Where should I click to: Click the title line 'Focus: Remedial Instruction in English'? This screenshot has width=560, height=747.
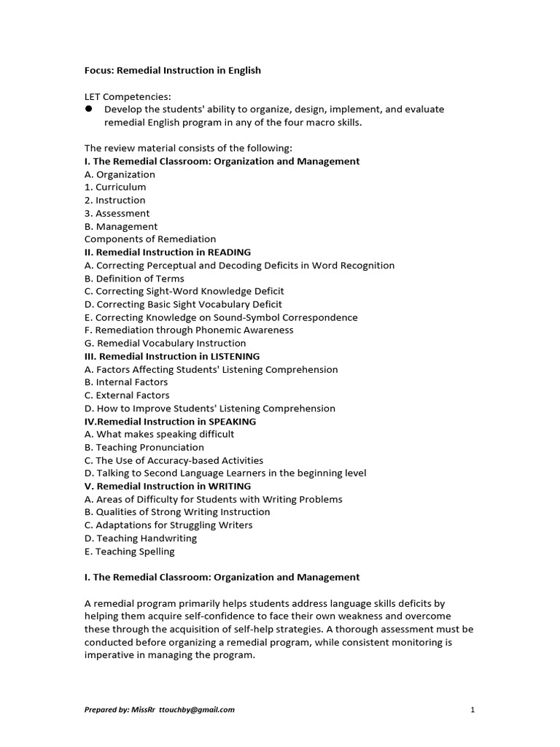pos(172,71)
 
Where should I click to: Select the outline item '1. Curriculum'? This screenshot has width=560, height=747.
pos(115,187)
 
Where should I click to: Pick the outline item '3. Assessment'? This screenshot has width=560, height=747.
pos(117,213)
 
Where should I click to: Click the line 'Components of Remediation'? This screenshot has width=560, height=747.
pos(150,239)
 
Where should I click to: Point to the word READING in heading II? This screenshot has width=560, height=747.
pos(229,252)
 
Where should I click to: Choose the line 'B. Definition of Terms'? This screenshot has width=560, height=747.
pos(134,279)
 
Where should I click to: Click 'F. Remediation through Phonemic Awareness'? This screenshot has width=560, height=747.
pos(189,330)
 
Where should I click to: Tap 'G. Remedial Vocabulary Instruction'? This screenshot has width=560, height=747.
pos(166,343)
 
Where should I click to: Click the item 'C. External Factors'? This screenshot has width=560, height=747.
pos(127,395)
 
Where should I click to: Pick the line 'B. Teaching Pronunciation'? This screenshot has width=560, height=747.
pos(144,447)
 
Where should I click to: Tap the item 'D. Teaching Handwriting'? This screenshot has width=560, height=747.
pos(141,538)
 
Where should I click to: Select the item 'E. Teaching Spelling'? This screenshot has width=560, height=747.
pos(130,551)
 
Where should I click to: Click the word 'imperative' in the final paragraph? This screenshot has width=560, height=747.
pos(109,655)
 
